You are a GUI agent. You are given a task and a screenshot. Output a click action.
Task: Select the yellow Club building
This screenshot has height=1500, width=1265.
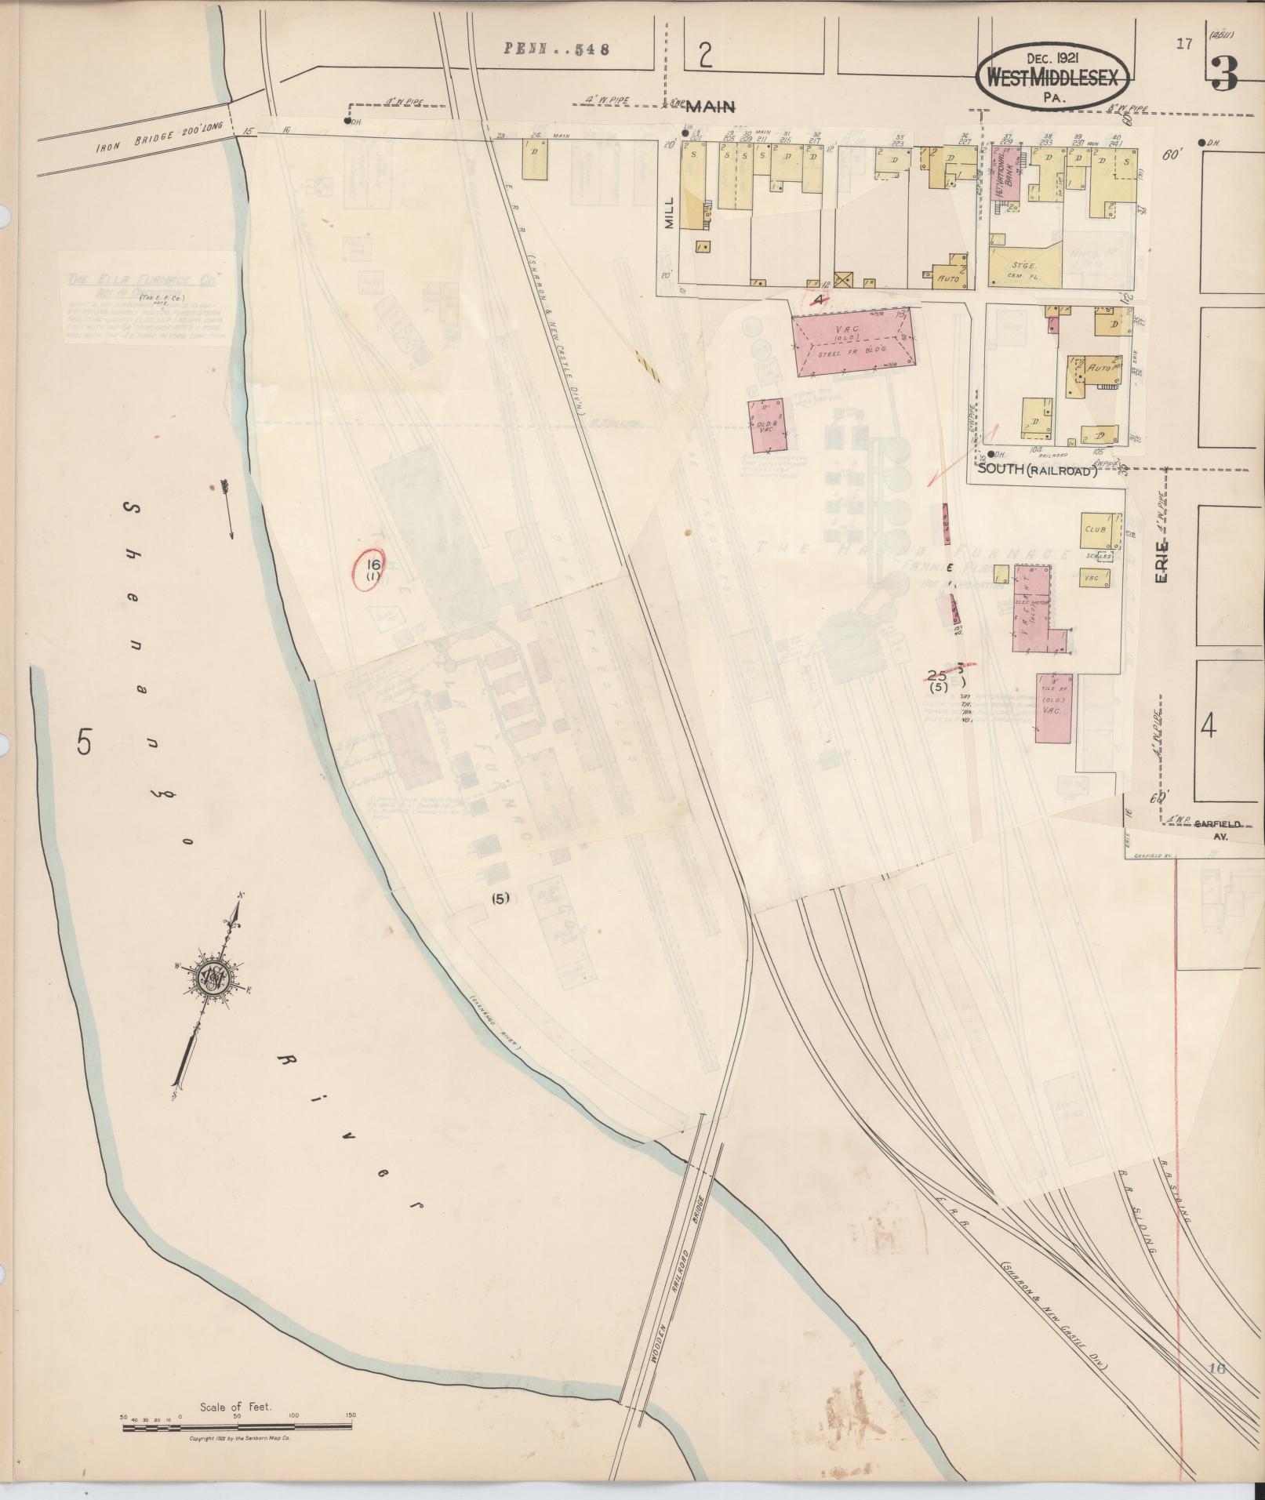(1096, 529)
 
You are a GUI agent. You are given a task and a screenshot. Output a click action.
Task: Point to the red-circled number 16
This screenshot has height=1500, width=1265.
(373, 569)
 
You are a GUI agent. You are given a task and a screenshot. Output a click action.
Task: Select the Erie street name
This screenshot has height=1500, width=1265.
(1162, 560)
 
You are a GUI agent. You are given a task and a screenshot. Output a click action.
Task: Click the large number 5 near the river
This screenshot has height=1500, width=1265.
(85, 739)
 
